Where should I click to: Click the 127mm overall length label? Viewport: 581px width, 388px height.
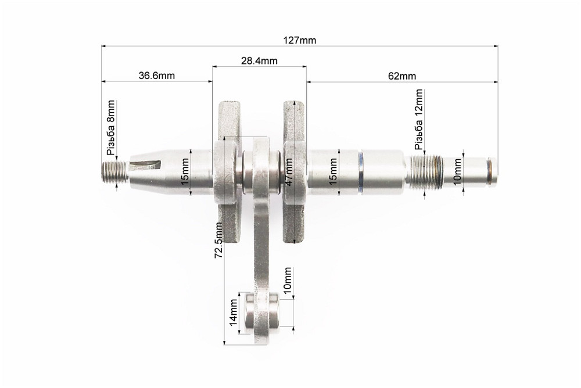[300, 40]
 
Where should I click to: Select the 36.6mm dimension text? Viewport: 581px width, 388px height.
[157, 76]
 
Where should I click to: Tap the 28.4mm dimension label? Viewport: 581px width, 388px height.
[259, 60]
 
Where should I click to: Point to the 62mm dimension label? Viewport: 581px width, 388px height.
[401, 76]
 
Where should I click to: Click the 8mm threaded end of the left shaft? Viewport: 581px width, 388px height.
[114, 173]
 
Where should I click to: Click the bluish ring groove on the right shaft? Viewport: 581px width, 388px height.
[361, 173]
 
